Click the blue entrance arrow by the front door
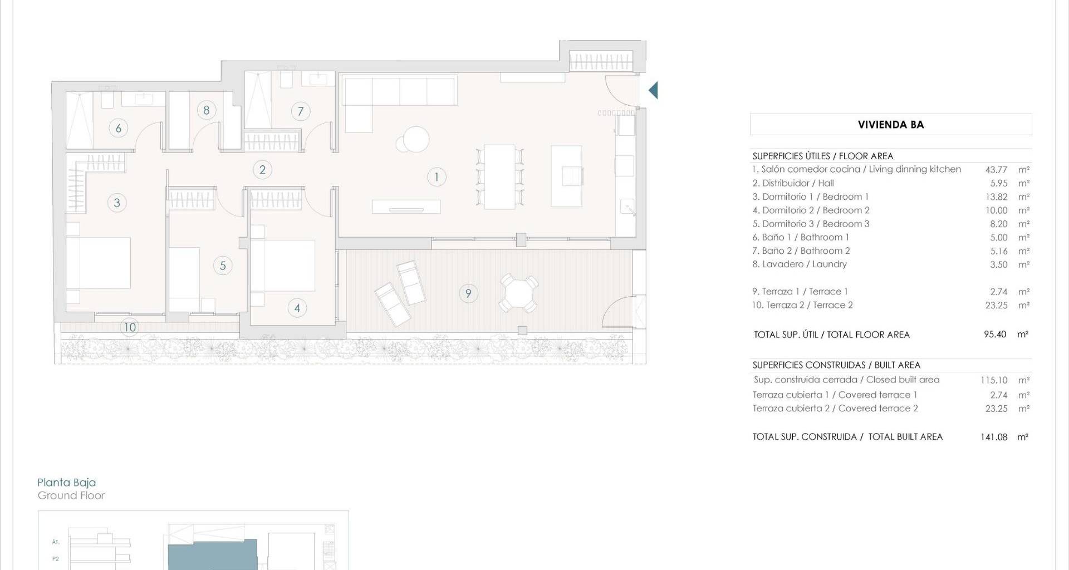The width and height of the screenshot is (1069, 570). tap(654, 90)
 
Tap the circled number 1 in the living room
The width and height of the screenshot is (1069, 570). tap(437, 177)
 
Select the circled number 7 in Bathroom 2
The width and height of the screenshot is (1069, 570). tap(301, 111)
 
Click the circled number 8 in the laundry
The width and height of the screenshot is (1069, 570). tap(207, 110)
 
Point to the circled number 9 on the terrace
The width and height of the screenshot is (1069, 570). tap(468, 293)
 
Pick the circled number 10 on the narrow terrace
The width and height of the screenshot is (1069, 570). tap(130, 327)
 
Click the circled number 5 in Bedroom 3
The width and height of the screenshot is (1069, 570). tap(223, 266)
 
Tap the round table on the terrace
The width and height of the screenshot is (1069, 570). tap(518, 293)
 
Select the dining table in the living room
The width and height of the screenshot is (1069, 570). tap(499, 176)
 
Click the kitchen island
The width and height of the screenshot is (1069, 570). tap(566, 176)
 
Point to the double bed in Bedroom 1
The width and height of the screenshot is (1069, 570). tap(99, 263)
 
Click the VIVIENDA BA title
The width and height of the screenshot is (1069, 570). tap(891, 125)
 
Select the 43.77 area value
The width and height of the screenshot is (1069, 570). tap(996, 170)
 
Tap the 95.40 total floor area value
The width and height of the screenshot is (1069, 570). tap(995, 335)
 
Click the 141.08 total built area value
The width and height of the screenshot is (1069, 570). tap(994, 437)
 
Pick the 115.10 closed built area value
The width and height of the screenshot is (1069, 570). tap(994, 380)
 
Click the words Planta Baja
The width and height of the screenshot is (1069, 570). tap(67, 483)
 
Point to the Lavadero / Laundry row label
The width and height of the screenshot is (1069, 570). tap(800, 264)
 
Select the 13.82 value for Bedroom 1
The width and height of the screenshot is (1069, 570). tap(997, 197)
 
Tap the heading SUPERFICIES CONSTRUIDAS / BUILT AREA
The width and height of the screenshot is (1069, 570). tap(836, 365)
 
